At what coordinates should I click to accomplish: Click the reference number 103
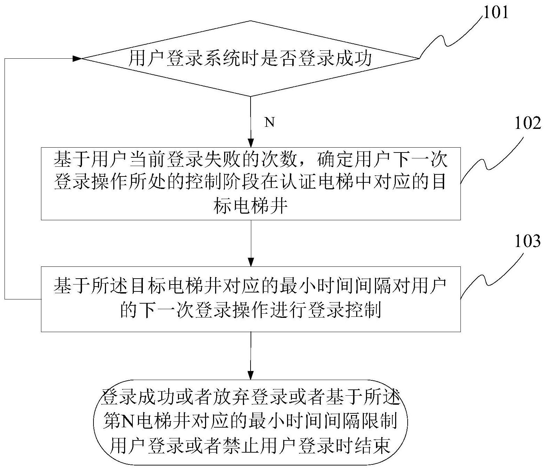tap(527, 241)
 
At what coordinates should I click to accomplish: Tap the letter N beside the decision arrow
tap(270, 122)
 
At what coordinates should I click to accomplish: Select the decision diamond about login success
tap(250, 59)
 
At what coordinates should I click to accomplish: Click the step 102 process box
tap(251, 183)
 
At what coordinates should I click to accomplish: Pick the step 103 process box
tap(251, 299)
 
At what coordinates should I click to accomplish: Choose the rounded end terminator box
tap(251, 422)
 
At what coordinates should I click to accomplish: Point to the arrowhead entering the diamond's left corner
tap(77, 59)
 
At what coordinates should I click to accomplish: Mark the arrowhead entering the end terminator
tap(251, 376)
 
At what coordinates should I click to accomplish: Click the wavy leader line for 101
tap(448, 35)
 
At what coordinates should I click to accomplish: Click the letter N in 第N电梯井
tap(129, 422)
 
